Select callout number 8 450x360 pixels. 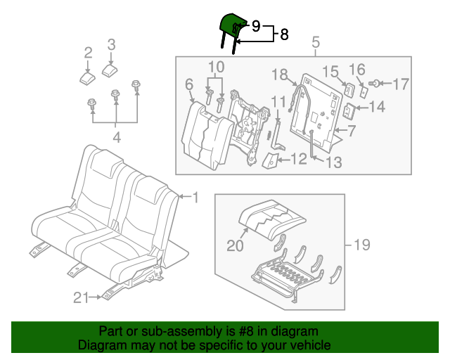pos(284,34)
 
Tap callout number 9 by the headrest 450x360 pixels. pos(256,25)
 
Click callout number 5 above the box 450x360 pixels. pos(315,42)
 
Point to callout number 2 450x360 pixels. pos(88,52)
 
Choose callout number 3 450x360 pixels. pos(111,46)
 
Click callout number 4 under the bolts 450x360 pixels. pos(116,138)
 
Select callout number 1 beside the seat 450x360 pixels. pos(195,196)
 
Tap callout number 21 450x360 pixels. pos(81,298)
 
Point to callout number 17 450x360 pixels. pos(400,84)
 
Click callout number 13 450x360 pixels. pos(334,162)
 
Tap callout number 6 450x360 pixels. pos(189,84)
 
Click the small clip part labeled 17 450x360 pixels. pos(376,84)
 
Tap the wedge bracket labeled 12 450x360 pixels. pos(269,161)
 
